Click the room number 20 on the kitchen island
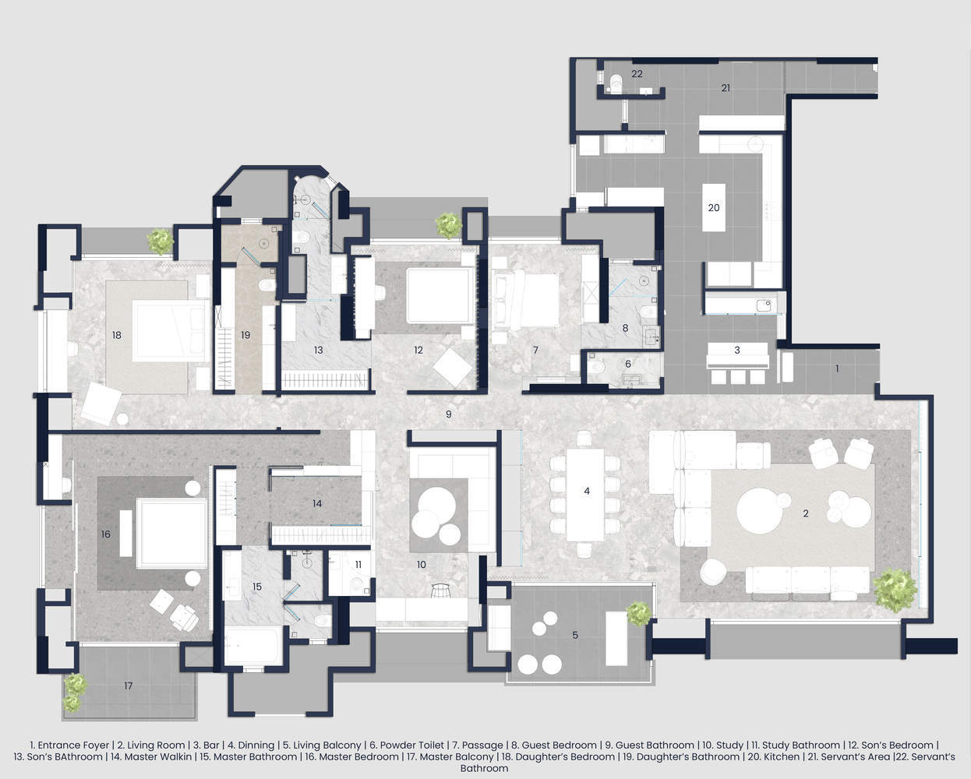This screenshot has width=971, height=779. [x=713, y=208]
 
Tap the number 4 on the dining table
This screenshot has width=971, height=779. [x=587, y=491]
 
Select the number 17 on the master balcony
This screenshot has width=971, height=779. [x=128, y=686]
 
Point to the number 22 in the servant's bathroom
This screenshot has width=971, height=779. [x=637, y=73]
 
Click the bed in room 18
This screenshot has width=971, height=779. [x=171, y=330]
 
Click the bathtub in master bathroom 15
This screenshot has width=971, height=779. [x=252, y=645]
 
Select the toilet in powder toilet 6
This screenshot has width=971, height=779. [x=596, y=368]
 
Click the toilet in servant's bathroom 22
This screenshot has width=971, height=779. [x=615, y=83]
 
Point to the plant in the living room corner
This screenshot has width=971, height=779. [x=895, y=590]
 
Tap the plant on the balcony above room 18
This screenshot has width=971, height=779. [x=161, y=241]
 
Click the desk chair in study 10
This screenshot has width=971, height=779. [x=441, y=590]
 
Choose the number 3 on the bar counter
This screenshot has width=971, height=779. [x=737, y=350]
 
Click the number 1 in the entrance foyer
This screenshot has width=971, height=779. [x=837, y=368]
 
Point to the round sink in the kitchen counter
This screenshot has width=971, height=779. [x=755, y=144]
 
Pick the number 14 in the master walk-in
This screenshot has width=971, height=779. [x=317, y=503]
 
